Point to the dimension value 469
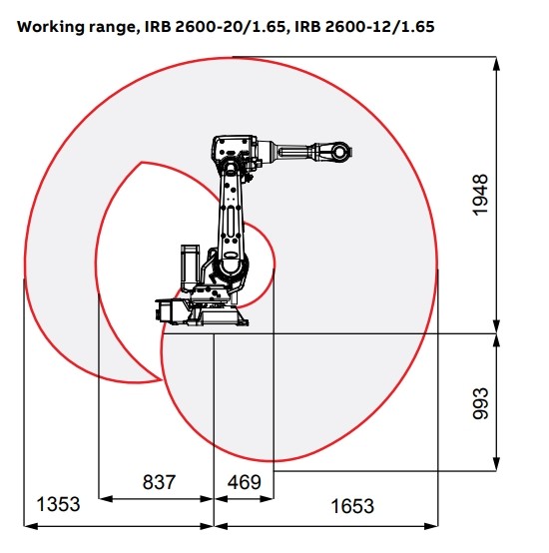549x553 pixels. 244,482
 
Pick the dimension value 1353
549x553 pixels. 59,505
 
